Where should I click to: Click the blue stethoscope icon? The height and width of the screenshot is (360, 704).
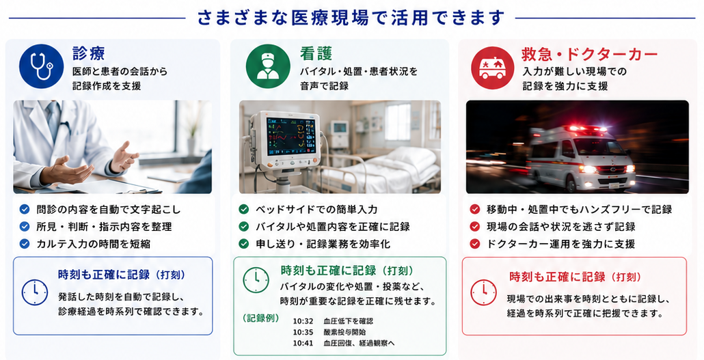[x=41, y=66]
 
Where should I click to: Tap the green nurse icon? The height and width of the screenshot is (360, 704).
[x=268, y=66]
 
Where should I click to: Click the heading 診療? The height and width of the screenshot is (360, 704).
[x=89, y=53]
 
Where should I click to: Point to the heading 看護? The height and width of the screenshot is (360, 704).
[x=316, y=53]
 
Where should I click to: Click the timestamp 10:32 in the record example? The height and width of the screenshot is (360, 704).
[x=303, y=321]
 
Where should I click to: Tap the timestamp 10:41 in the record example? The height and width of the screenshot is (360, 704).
[x=303, y=344]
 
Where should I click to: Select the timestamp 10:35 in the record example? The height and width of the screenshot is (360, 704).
[x=303, y=332]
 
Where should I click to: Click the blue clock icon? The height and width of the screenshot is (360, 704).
[x=35, y=292]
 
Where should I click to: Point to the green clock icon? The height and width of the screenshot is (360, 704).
[x=256, y=280]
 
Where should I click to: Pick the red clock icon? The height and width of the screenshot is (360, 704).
[x=483, y=292]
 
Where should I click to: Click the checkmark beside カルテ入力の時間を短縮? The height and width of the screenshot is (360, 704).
[x=25, y=244]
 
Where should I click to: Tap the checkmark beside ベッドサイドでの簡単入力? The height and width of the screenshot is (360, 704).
[x=244, y=209]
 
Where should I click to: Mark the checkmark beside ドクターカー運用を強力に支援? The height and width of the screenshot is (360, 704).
[x=474, y=244]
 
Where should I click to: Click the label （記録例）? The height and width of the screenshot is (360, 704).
[x=261, y=318]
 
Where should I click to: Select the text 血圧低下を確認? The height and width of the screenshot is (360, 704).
[x=348, y=321]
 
